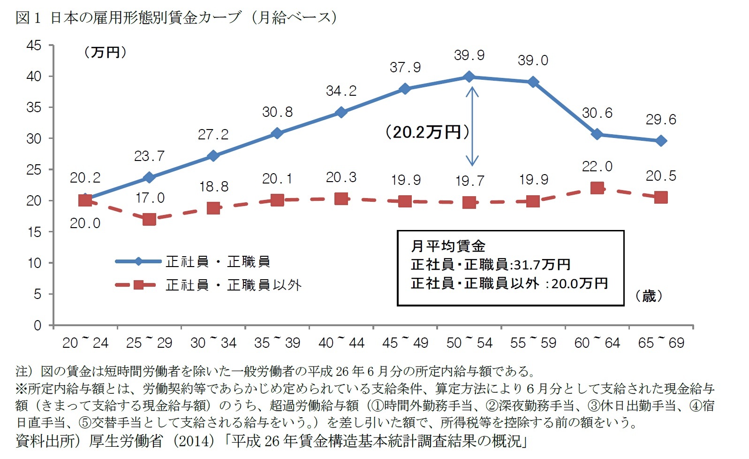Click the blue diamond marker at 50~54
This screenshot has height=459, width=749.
point(469,76)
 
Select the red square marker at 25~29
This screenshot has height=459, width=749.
point(149,219)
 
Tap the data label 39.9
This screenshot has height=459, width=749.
point(469,55)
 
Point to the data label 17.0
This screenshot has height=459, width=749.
point(150,198)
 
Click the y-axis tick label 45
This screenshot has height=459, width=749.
point(34,46)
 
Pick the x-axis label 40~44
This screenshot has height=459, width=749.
point(341,343)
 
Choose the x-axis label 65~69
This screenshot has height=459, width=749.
point(661,343)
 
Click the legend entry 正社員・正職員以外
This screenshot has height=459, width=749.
point(233,285)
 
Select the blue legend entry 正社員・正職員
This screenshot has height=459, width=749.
point(218,261)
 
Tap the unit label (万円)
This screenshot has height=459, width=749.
point(106,52)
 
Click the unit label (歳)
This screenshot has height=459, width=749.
point(649,296)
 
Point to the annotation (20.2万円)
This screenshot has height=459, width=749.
point(427,132)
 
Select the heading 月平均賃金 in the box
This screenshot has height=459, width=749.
point(448,245)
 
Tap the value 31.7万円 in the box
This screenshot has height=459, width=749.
point(542,265)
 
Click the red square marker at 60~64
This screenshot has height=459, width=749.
point(597,188)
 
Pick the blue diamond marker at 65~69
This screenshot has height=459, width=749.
point(661,141)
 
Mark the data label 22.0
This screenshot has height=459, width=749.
point(597,167)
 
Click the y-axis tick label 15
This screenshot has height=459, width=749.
point(34,232)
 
